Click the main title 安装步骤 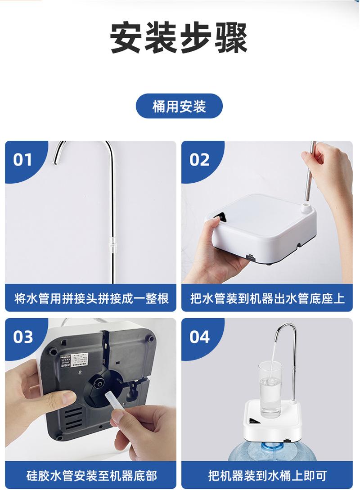(x=179, y=38)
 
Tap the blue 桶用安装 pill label (x=179, y=106)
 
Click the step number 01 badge (x=23, y=160)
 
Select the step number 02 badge (x=199, y=160)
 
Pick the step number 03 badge (x=23, y=337)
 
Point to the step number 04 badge (x=199, y=337)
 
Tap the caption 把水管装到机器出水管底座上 (x=267, y=298)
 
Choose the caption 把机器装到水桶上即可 (x=267, y=475)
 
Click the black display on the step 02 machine (x=220, y=218)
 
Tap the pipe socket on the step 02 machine (x=306, y=207)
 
